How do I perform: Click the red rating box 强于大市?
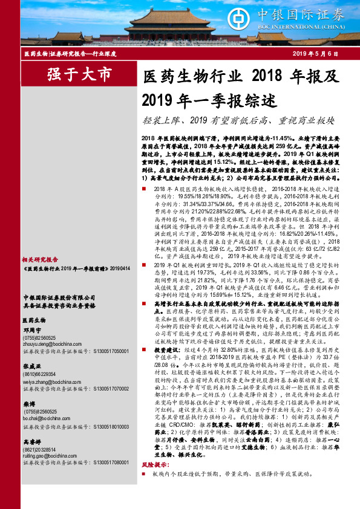tap(79, 75)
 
